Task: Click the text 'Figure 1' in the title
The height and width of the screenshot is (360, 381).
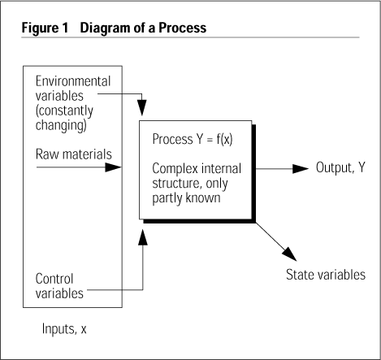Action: pos(45,28)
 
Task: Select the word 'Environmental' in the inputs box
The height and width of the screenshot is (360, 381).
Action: pos(73,81)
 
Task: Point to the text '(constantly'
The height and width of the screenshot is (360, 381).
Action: pos(64,111)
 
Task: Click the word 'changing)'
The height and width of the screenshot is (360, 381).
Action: pos(61,125)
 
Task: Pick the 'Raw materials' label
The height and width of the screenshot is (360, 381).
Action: pos(74,154)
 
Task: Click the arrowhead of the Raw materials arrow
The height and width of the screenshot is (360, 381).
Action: pos(113,167)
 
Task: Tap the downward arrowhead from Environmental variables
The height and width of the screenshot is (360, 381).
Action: pos(142,107)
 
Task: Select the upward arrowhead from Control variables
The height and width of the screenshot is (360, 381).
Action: pos(143,237)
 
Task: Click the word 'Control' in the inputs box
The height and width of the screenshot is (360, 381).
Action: pos(54,279)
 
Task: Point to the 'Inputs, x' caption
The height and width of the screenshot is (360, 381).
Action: pos(64,329)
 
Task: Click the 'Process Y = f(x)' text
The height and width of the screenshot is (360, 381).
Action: pos(193,139)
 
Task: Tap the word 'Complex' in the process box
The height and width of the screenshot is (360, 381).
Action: pos(175,169)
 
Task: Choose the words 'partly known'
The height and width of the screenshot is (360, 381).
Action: pos(186,198)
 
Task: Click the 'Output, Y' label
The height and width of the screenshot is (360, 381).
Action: pos(340,167)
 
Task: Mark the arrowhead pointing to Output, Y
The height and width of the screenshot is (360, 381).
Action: pos(301,169)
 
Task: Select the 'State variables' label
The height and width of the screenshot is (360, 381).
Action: pos(326,275)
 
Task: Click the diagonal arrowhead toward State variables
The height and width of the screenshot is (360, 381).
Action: pos(290,254)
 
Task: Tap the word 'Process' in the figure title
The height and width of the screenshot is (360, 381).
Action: pos(183,28)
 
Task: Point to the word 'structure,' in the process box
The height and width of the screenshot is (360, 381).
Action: pos(177,184)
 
